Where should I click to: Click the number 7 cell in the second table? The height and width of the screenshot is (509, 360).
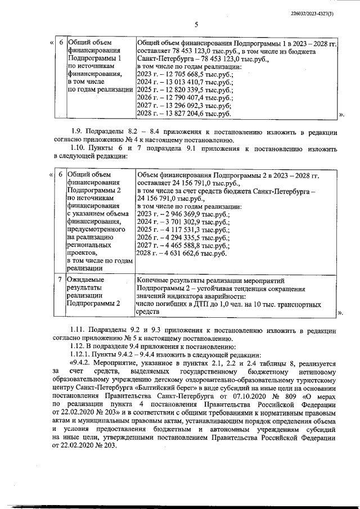pos(60,280)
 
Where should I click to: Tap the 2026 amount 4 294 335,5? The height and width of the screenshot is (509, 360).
pos(183,238)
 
